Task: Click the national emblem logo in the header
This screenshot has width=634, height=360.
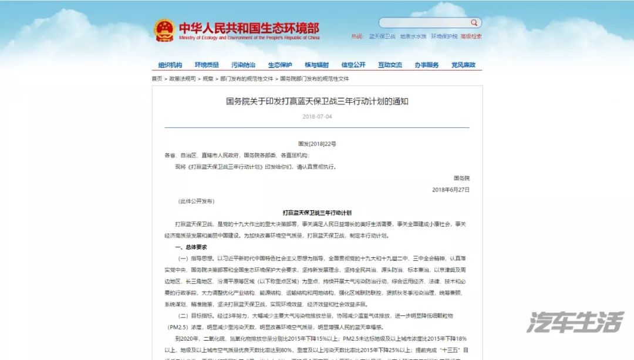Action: point(164,31)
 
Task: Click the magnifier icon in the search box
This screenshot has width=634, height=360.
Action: point(474,23)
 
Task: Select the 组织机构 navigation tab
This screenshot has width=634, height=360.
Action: point(170,65)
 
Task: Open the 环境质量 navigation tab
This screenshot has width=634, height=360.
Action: point(207,65)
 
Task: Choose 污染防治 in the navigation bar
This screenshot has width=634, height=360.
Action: point(243,65)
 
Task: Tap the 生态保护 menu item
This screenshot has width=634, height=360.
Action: point(280,65)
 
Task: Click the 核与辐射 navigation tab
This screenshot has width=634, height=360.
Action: point(316,65)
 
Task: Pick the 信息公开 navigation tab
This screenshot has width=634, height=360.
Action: point(353,65)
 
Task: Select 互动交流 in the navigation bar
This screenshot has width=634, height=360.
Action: point(390,65)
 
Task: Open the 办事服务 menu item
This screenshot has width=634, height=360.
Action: point(427,65)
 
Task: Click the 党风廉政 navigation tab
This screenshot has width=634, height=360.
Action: point(463,65)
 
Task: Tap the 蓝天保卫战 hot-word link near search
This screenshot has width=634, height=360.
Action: point(382,36)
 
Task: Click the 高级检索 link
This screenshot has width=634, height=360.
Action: point(471,36)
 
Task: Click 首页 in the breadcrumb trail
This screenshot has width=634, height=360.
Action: point(157,79)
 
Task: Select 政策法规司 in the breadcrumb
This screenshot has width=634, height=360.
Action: point(183,79)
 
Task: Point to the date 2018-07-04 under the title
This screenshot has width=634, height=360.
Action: point(317,116)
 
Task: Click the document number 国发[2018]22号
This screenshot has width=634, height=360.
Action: point(317,144)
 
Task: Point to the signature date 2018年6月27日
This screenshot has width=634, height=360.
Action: point(450,190)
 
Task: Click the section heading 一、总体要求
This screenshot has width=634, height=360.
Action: point(191,247)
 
